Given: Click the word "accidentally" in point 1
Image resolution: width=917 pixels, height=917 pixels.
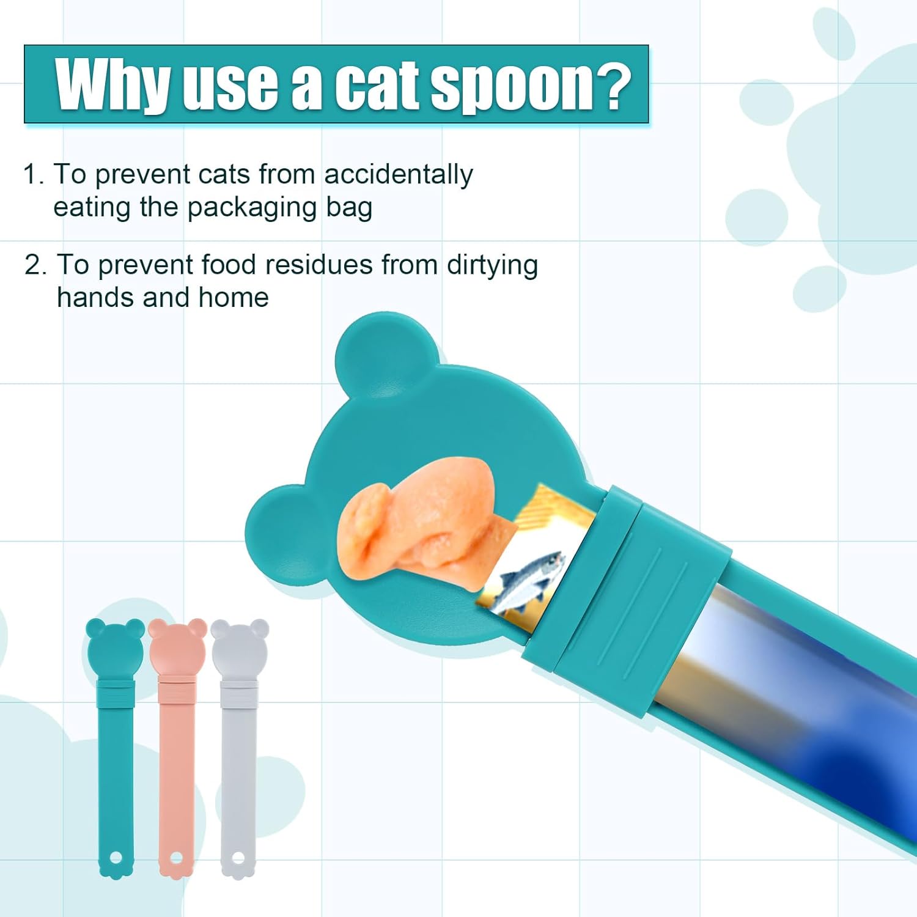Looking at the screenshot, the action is click(x=398, y=175).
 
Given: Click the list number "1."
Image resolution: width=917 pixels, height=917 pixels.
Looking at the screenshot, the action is click(x=34, y=175).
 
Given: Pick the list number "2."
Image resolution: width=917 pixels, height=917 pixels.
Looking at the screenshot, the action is click(x=35, y=265).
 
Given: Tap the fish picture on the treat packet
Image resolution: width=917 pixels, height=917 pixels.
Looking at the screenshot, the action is click(x=530, y=581).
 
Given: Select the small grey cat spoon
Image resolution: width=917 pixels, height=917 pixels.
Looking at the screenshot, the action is click(x=239, y=749).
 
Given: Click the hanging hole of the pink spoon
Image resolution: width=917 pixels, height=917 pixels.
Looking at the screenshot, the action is click(x=177, y=858).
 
